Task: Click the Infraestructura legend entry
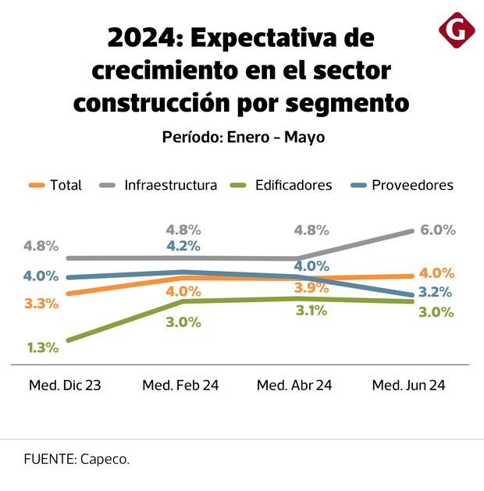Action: (x=159, y=185)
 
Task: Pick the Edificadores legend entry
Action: (x=282, y=185)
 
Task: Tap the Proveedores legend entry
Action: (x=400, y=185)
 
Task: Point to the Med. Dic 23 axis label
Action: (x=65, y=386)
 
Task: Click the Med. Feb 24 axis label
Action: (x=181, y=386)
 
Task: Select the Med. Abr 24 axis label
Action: (x=294, y=386)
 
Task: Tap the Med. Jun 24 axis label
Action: (x=408, y=386)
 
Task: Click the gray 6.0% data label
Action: (x=437, y=229)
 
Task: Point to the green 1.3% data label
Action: (x=42, y=347)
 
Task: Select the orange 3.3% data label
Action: (x=41, y=303)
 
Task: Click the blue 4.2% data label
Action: (x=183, y=245)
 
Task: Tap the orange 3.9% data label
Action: (x=311, y=288)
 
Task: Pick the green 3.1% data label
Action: (x=311, y=310)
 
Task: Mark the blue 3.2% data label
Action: (x=436, y=293)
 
